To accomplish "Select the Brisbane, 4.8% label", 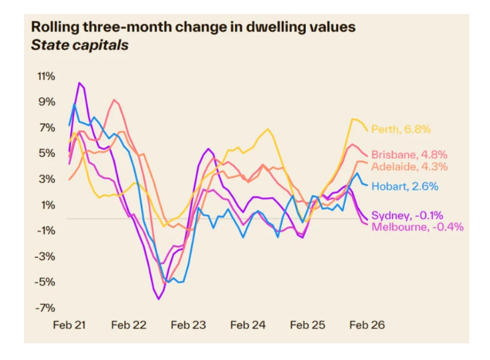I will click(x=409, y=154).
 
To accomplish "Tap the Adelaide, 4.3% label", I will click(x=409, y=166).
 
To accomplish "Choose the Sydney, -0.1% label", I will click(x=407, y=215).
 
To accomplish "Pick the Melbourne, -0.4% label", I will click(x=417, y=227).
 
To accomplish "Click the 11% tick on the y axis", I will click(x=46, y=76).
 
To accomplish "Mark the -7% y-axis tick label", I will click(x=46, y=308).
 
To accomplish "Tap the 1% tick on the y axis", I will click(x=48, y=205).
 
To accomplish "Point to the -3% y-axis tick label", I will click(x=46, y=256).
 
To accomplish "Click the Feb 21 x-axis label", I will click(x=69, y=325).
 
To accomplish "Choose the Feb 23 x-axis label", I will click(x=189, y=325).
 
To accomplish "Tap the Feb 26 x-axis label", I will click(x=369, y=325).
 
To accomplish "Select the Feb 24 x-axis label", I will click(x=248, y=325).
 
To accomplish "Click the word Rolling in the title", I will click(x=54, y=27).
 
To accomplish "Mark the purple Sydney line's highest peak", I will click(x=80, y=83).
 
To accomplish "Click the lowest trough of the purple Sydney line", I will click(x=159, y=299).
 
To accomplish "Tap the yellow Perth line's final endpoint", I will click(x=366, y=130).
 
